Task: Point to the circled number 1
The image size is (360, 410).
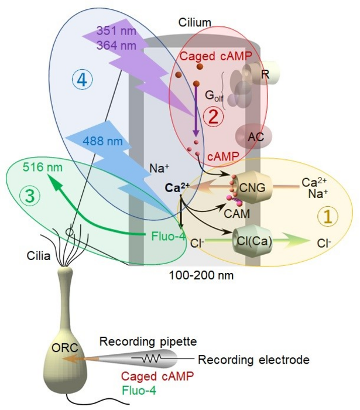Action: click(327, 217)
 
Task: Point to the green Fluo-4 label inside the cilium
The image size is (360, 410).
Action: click(162, 235)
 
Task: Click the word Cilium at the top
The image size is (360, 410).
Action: click(195, 22)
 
